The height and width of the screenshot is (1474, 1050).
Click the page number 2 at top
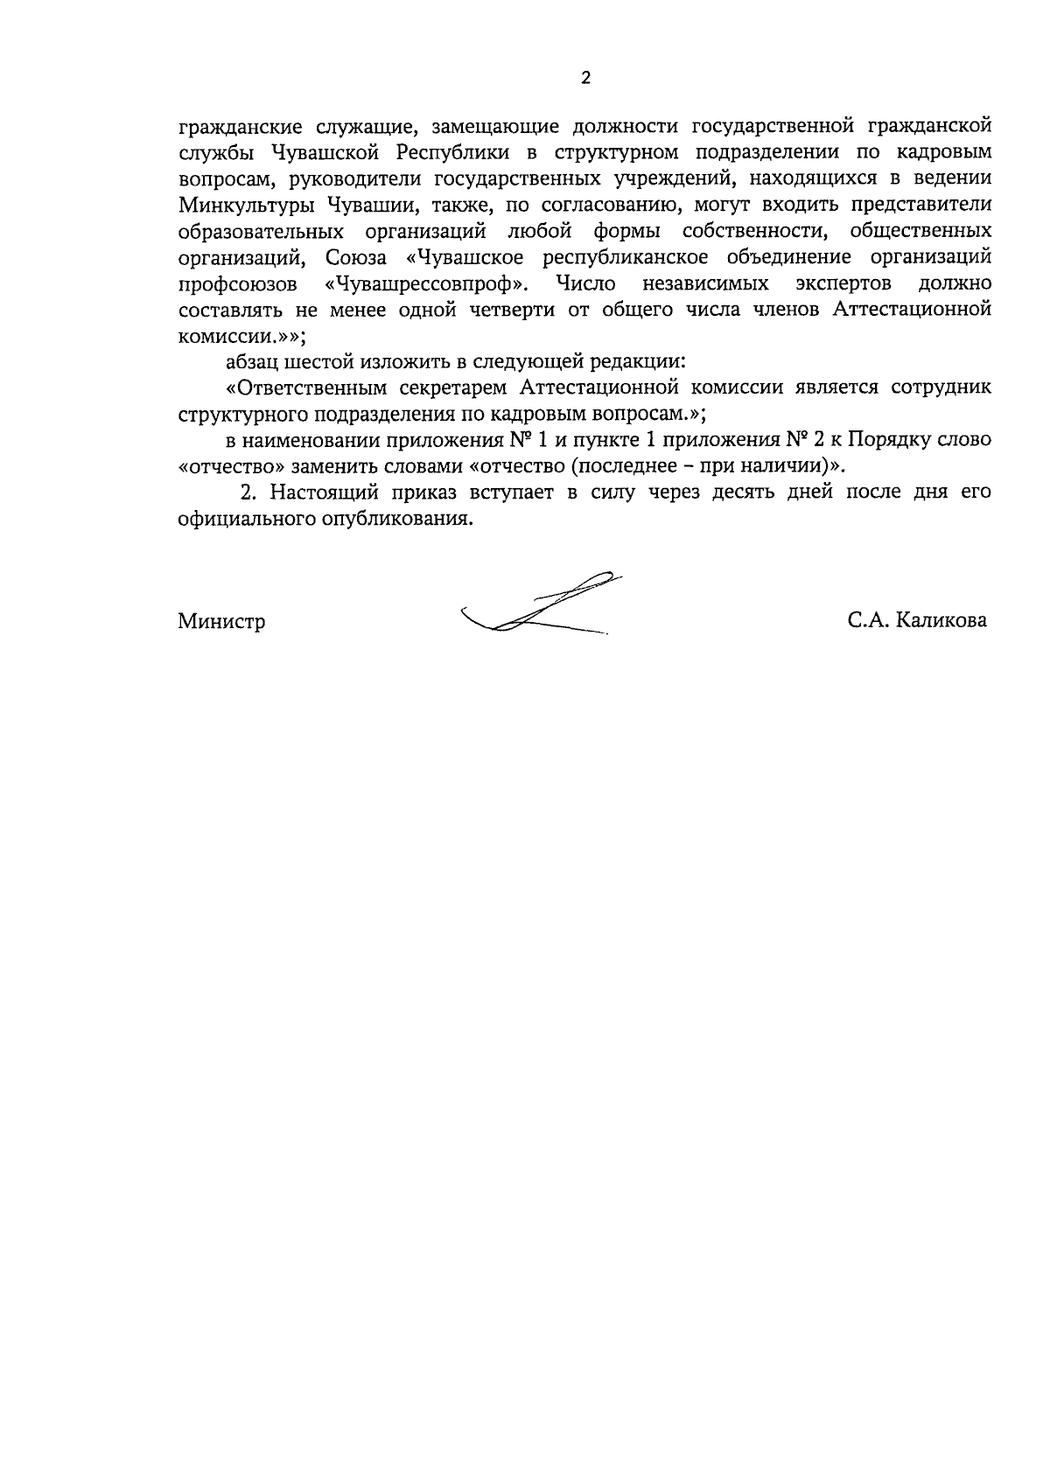(x=585, y=79)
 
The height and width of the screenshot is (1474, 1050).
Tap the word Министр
(x=221, y=622)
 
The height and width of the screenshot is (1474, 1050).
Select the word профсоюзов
(x=237, y=284)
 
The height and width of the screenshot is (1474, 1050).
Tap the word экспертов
(x=843, y=284)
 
